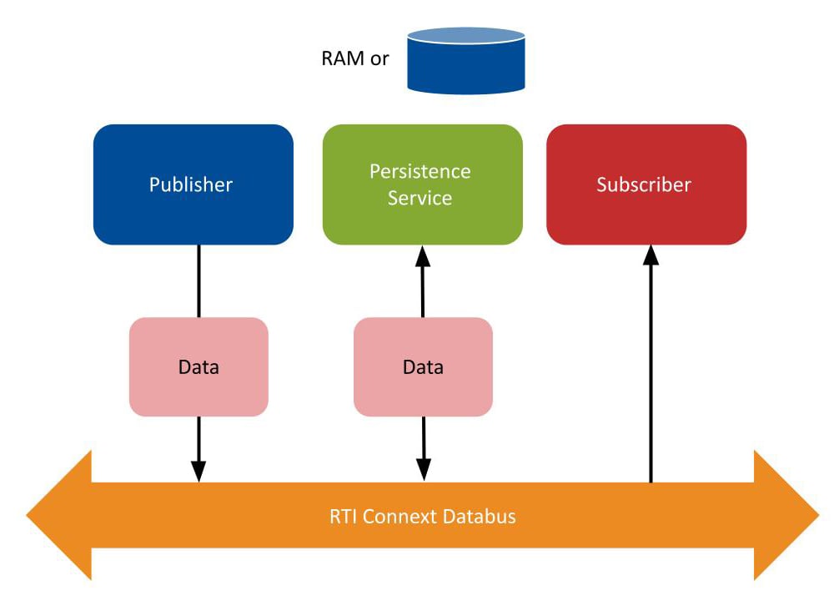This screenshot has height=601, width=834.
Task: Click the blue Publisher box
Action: click(193, 184)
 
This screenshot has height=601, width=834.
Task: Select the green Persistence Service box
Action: click(422, 184)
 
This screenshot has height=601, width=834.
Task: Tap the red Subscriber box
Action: click(646, 184)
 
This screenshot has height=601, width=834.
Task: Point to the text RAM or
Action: click(354, 59)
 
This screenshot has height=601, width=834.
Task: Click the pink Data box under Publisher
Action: click(198, 367)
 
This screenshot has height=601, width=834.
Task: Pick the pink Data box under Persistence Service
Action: click(423, 367)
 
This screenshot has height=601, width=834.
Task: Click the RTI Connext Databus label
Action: click(422, 516)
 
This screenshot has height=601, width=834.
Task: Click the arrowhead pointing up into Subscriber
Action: click(651, 255)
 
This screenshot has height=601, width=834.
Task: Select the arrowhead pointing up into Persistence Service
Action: click(423, 255)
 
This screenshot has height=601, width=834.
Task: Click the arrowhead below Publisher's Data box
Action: click(198, 471)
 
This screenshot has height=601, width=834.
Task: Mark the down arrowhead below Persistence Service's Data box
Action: click(423, 471)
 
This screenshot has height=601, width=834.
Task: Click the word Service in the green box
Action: click(420, 199)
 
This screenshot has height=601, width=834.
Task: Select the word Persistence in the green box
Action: click(420, 171)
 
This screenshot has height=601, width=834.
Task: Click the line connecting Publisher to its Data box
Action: click(198, 280)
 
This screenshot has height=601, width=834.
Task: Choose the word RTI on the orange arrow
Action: click(343, 516)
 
